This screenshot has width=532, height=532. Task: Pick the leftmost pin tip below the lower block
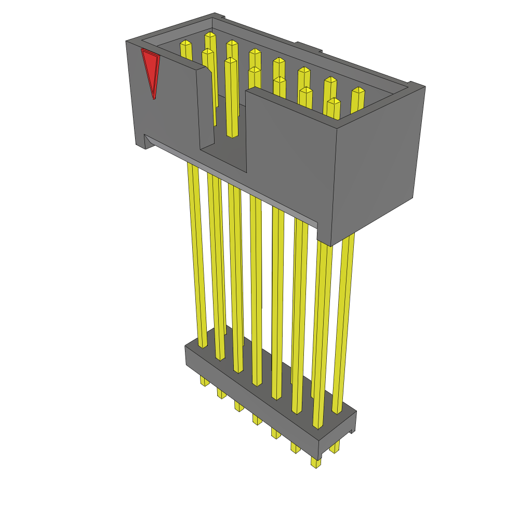coord(205,381)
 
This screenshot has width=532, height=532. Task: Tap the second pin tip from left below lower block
coord(221,393)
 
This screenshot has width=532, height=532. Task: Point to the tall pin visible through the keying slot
coord(231,99)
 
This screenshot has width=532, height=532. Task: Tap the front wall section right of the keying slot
coord(291,156)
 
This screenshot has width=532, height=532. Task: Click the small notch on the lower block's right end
coord(353,431)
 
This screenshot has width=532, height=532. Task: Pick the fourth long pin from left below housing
coord(256,291)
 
